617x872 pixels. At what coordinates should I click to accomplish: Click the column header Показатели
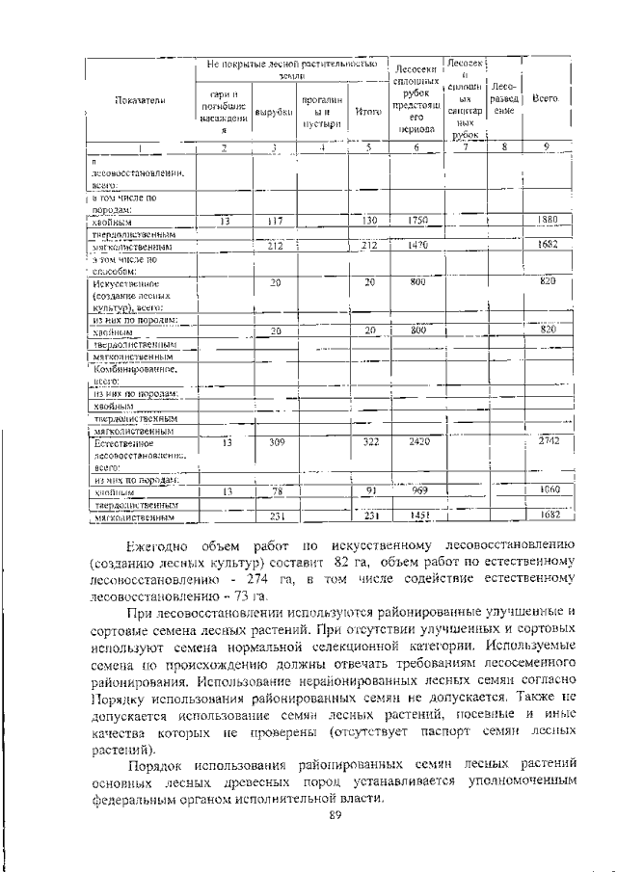click(x=140, y=100)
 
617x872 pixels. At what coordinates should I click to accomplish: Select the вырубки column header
click(x=274, y=113)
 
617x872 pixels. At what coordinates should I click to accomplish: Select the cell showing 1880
click(x=549, y=221)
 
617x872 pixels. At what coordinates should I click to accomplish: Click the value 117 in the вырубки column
click(x=274, y=221)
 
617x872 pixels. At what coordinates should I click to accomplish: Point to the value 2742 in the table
click(x=549, y=441)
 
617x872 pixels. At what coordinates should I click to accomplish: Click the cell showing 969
click(x=416, y=490)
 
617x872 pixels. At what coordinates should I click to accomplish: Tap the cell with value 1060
click(x=549, y=490)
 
